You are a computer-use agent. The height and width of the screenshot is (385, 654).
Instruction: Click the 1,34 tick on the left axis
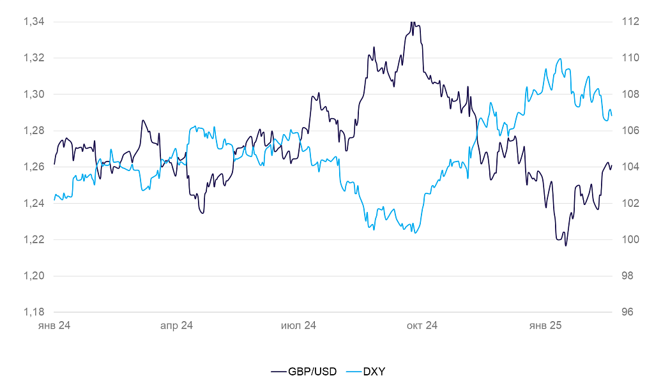pyautogui.click(x=34, y=22)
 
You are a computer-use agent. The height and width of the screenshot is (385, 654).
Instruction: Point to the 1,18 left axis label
pyautogui.click(x=34, y=312)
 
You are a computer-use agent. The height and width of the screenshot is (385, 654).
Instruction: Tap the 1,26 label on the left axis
pyautogui.click(x=34, y=167)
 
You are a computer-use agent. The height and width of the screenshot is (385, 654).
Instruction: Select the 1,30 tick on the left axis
pyautogui.click(x=34, y=94)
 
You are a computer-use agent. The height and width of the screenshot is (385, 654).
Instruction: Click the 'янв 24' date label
pyautogui.click(x=54, y=326)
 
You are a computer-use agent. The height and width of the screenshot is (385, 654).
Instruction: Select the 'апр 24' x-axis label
pyautogui.click(x=176, y=326)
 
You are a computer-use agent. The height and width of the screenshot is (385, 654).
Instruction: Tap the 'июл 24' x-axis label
pyautogui.click(x=299, y=326)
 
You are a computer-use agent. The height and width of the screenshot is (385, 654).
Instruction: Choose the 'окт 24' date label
pyautogui.click(x=422, y=326)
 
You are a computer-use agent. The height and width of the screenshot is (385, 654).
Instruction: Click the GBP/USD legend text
pyautogui.click(x=314, y=371)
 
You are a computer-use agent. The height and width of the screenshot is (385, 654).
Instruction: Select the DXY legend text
pyautogui.click(x=374, y=371)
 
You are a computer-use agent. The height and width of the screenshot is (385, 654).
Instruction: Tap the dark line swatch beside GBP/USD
pyautogui.click(x=278, y=371)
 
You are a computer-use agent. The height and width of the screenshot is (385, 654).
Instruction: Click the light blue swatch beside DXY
pyautogui.click(x=353, y=371)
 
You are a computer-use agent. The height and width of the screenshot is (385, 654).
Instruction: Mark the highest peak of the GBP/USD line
pyautogui.click(x=413, y=22)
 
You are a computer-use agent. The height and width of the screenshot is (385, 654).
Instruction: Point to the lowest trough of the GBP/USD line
pyautogui.click(x=566, y=246)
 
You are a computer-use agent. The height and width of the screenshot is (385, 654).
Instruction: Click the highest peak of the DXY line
pyautogui.click(x=560, y=59)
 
